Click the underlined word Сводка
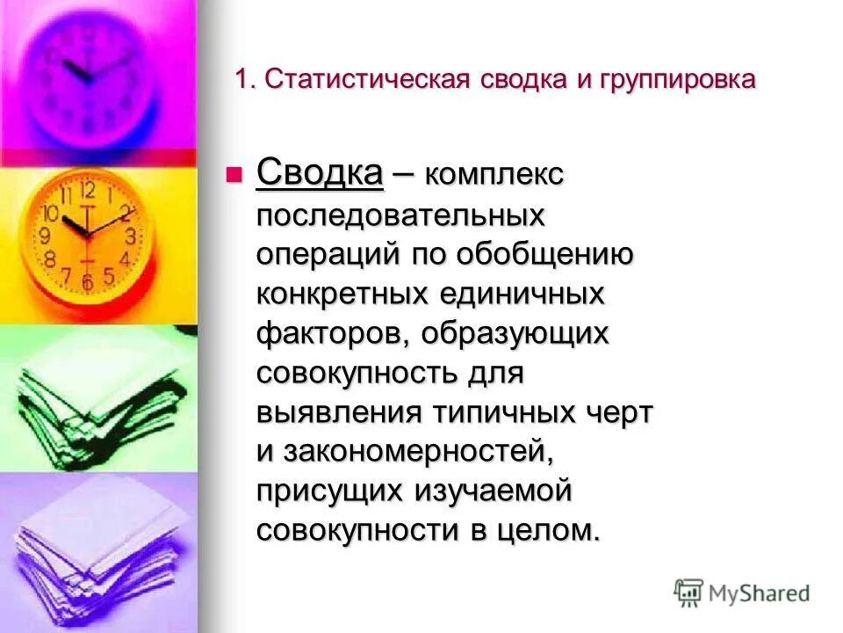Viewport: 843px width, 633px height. click(320, 172)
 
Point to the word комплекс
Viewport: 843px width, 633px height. click(494, 175)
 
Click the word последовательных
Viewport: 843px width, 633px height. click(400, 215)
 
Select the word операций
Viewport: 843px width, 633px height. click(324, 255)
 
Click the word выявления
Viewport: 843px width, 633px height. click(339, 413)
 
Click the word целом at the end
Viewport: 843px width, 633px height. click(545, 531)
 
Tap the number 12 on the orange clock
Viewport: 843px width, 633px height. click(87, 190)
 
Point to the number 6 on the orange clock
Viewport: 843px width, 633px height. click(86, 283)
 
